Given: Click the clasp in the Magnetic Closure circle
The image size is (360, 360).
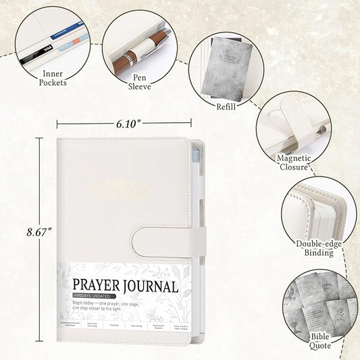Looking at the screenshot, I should click(x=294, y=119).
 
